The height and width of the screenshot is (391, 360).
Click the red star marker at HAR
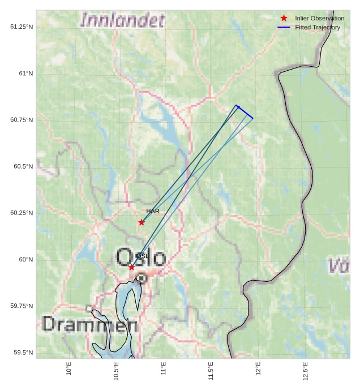pyautogui.click(x=142, y=222)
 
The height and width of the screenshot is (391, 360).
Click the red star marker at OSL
pyautogui.click(x=131, y=267)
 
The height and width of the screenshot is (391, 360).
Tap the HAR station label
pyautogui.click(x=153, y=211)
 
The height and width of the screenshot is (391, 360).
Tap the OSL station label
pyautogui.click(x=142, y=256)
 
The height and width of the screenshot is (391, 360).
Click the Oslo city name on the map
pyautogui.click(x=141, y=258)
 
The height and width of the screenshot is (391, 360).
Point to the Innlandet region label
pyautogui.click(x=123, y=21)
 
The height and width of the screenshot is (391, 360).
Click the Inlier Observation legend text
pyautogui.click(x=319, y=19)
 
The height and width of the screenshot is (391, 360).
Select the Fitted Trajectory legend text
pyautogui.click(x=318, y=27)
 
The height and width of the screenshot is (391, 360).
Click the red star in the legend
pyautogui.click(x=284, y=19)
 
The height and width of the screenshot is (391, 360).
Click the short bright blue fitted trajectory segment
pyautogui.click(x=245, y=111)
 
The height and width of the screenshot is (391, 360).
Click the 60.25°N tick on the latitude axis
pyautogui.click(x=22, y=213)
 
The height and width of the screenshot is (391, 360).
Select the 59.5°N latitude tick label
pyautogui.click(x=22, y=353)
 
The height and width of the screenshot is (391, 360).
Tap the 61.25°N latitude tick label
pyautogui.click(x=22, y=27)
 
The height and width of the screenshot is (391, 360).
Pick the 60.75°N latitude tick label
pyautogui.click(x=22, y=120)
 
